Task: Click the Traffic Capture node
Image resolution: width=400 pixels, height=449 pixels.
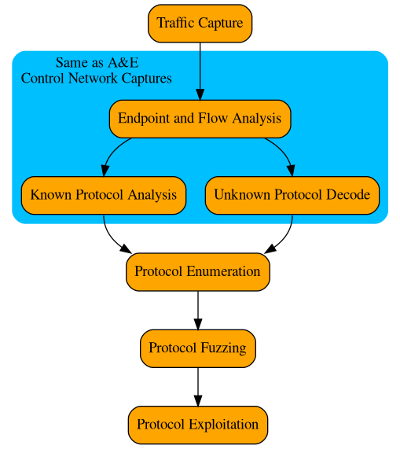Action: click(x=200, y=23)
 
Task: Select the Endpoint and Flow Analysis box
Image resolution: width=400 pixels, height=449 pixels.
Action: click(x=200, y=119)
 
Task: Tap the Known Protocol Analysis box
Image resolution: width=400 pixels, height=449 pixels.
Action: click(x=104, y=194)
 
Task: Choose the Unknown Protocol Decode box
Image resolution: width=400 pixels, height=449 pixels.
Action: click(x=292, y=194)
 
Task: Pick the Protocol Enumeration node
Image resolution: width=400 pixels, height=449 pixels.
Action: click(x=198, y=271)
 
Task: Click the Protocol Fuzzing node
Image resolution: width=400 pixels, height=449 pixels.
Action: click(x=198, y=348)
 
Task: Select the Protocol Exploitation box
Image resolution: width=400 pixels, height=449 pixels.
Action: click(x=198, y=425)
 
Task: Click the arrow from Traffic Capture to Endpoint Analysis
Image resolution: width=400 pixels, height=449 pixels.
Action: click(x=200, y=71)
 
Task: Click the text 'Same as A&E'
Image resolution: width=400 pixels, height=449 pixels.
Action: click(x=97, y=63)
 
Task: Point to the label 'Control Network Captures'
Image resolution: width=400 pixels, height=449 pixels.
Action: click(x=97, y=79)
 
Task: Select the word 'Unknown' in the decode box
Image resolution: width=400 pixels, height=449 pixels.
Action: click(x=239, y=194)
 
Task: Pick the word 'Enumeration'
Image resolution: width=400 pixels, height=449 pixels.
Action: click(x=223, y=271)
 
